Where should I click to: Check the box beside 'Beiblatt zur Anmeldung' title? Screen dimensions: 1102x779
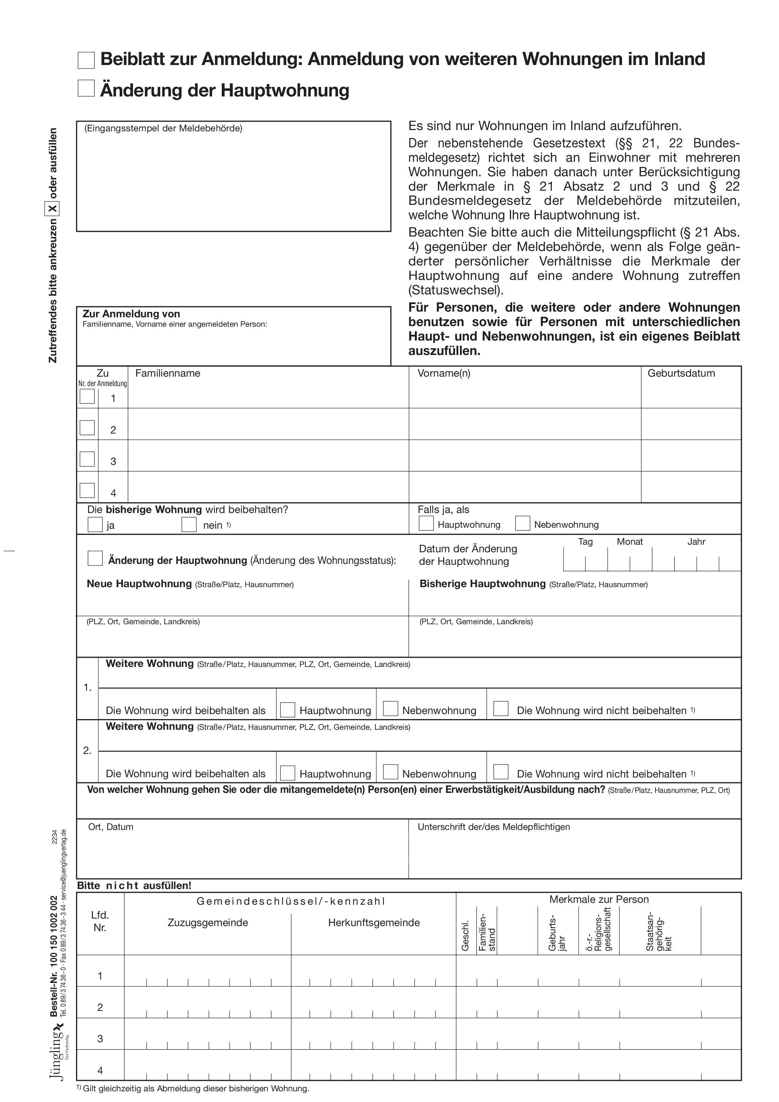(86, 61)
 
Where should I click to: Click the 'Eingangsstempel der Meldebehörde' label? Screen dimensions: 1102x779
(163, 128)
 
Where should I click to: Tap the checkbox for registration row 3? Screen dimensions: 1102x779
(87, 459)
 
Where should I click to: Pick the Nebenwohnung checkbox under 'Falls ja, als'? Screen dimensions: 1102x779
(523, 523)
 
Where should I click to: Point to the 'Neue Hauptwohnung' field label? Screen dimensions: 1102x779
(139, 584)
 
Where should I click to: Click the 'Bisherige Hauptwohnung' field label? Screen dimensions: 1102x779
(482, 584)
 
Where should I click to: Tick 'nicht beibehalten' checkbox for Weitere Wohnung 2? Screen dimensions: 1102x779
(501, 772)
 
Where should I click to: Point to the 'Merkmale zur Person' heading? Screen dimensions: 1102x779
(598, 899)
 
